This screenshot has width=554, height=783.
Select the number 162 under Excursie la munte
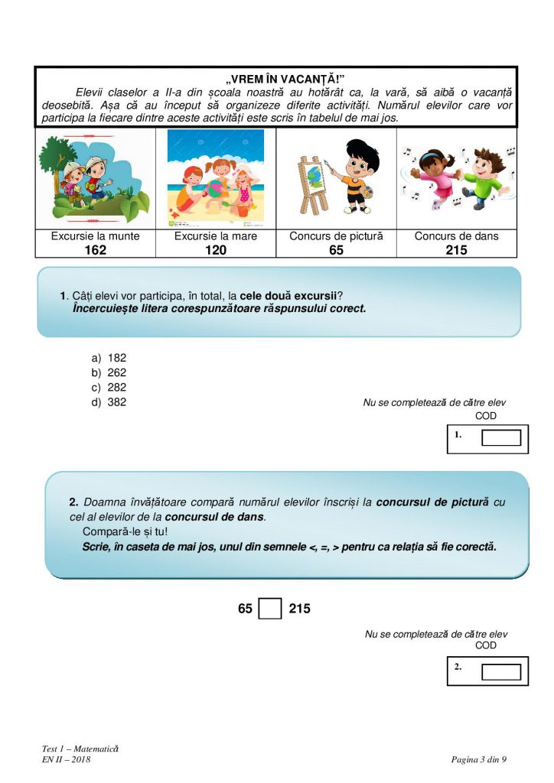click(95, 249)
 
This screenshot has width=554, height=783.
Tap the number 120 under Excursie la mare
click(216, 249)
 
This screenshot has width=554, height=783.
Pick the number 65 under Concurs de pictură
click(336, 249)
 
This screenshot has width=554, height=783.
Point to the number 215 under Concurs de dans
click(456, 249)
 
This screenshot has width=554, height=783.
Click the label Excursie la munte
click(95, 236)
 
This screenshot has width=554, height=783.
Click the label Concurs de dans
click(456, 236)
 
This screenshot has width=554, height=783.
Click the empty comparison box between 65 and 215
click(270, 609)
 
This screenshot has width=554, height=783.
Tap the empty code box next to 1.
click(501, 438)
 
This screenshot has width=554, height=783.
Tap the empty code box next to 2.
click(501, 671)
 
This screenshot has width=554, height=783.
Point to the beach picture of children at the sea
click(216, 178)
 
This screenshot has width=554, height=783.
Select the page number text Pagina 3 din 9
click(479, 759)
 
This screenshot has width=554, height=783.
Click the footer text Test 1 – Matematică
click(80, 747)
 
